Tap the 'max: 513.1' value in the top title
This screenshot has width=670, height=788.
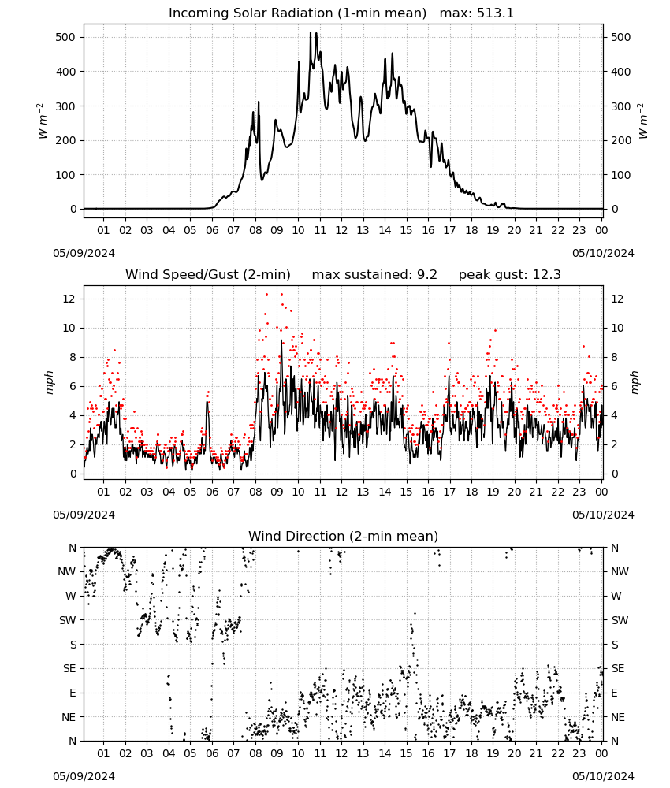point(477,13)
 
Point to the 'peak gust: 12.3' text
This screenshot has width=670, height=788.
point(510,275)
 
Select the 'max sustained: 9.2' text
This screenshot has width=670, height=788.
point(374,275)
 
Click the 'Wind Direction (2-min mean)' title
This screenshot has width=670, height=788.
point(344,536)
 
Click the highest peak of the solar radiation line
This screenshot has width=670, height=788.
point(310,32)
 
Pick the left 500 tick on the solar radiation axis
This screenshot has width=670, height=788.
point(66,37)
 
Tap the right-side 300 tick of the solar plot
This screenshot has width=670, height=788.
point(621,106)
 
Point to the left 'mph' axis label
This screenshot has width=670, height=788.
point(49,382)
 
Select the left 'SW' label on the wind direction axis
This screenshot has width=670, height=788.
point(67,620)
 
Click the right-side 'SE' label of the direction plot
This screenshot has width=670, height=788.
point(618,668)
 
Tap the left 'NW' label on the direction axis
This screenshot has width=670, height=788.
point(67,571)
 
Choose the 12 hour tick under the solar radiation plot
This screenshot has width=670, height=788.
point(342,230)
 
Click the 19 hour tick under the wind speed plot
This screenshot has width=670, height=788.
point(493,492)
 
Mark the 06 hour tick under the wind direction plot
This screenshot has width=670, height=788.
point(212,754)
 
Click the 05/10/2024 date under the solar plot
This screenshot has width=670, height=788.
point(603,253)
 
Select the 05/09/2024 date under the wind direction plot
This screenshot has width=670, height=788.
point(84,776)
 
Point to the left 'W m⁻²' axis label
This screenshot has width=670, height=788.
point(43,121)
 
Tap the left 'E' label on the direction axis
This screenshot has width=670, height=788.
point(73,693)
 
